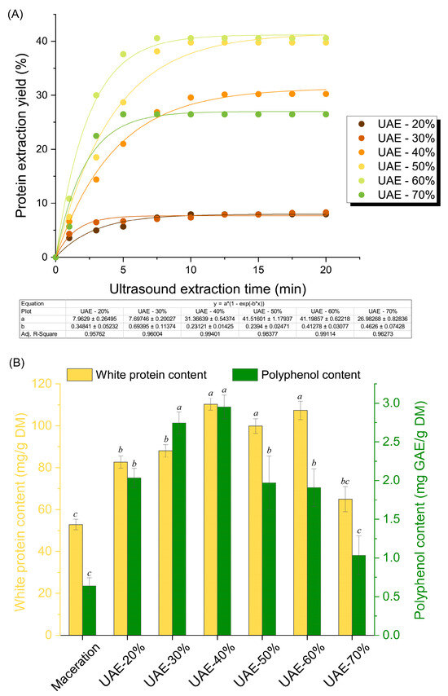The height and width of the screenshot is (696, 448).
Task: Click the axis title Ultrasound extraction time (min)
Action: pyautogui.click(x=189, y=288)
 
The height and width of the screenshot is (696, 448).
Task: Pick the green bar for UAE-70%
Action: pyautogui.click(x=335, y=595)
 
